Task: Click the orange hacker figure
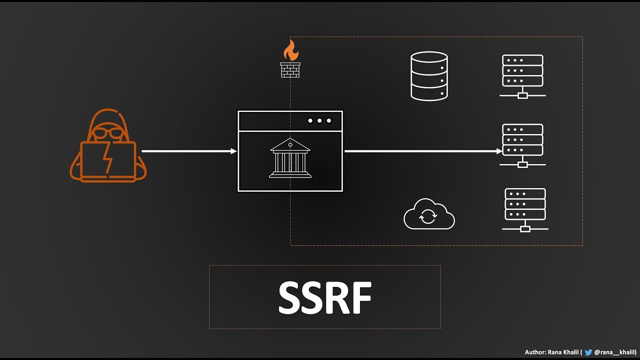[108, 145]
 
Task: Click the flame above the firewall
[290, 50]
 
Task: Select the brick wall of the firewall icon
[290, 69]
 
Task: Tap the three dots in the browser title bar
[319, 120]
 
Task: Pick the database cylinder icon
[429, 76]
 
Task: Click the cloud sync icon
[429, 215]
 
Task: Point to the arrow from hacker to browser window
[189, 151]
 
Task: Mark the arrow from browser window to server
[423, 151]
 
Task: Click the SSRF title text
[325, 298]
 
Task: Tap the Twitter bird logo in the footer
[588, 352]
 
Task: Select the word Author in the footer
[534, 352]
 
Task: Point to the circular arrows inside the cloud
[427, 217]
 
